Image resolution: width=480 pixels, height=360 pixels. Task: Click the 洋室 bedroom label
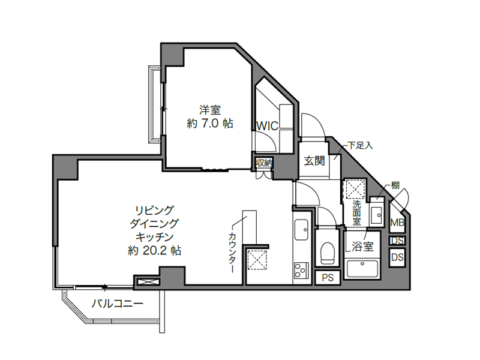point(210,110)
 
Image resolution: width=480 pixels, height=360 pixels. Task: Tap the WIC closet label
point(267,126)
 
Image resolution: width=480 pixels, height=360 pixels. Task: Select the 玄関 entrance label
point(314,161)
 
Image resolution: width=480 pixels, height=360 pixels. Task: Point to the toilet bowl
point(328,253)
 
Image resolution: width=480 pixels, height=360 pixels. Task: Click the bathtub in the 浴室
point(362,268)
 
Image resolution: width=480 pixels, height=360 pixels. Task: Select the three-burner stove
point(300,270)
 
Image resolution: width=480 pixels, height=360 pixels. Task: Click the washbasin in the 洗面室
point(377,215)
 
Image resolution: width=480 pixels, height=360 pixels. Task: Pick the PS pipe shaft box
point(328,278)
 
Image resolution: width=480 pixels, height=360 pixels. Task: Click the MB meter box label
point(397,223)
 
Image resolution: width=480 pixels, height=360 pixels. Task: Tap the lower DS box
point(397,257)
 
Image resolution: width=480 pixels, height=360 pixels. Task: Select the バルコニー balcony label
point(118,304)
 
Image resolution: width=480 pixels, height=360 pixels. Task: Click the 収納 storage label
point(264,163)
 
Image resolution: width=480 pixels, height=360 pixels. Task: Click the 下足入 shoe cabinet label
point(361,145)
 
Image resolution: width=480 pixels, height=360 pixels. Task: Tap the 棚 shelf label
point(395,185)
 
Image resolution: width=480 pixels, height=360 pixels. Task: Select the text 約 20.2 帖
point(155,251)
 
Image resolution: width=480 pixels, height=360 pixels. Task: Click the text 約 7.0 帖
point(210,123)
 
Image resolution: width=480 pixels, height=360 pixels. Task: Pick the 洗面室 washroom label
point(356,212)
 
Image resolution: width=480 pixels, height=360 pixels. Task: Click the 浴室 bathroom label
point(362,247)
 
